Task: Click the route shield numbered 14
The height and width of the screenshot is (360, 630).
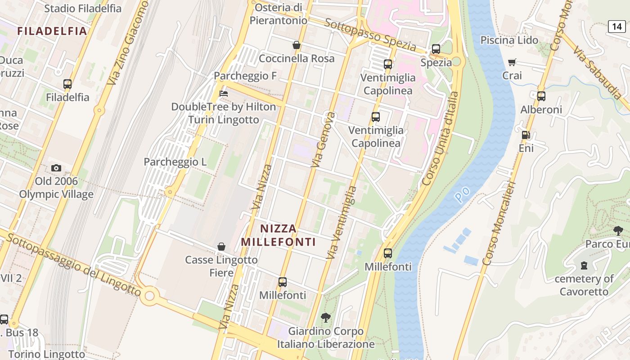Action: point(616,27)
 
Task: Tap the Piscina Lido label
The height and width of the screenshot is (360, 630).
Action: point(509,40)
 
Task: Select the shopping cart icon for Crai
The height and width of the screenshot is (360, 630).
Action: point(512,62)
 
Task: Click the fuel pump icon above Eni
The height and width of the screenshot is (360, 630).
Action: point(526,135)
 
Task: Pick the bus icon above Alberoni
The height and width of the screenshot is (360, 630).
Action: point(541,96)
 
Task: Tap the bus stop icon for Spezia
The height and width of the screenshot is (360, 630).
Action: point(436,49)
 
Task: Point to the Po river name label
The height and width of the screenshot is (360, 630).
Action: point(462,194)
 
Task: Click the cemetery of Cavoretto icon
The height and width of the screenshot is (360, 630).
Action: point(584,265)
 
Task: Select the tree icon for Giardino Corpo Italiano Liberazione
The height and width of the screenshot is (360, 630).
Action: point(325,318)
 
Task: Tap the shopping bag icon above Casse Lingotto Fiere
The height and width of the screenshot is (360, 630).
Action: point(221,247)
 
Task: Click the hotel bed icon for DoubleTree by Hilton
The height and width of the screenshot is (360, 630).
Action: point(223,94)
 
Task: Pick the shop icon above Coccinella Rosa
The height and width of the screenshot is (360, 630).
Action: point(297,45)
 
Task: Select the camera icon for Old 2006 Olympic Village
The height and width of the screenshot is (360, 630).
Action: point(56,168)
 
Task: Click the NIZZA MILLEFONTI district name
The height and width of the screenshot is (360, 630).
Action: point(278,235)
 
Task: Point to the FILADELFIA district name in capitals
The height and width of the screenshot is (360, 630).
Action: point(52,31)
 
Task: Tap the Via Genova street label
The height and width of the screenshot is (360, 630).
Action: point(324,140)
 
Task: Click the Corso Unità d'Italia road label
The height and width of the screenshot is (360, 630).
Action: point(441,139)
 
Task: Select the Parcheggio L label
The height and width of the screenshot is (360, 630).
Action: point(175,162)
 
